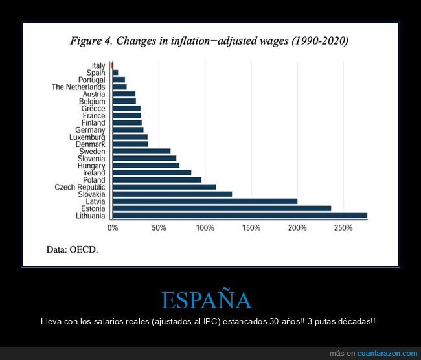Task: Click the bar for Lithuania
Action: [x=240, y=216]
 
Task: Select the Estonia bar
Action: [x=222, y=208]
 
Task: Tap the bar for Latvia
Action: [x=205, y=201]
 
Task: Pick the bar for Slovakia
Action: [x=172, y=194]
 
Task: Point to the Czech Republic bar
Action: [x=165, y=187]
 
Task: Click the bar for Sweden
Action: [x=141, y=152]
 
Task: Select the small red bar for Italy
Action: [x=112, y=65]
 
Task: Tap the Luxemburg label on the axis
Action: [x=87, y=137]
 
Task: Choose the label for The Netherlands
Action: [x=78, y=87]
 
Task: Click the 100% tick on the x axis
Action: [x=205, y=228]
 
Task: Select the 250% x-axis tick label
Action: [x=343, y=228]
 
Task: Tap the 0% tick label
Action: [x=113, y=228]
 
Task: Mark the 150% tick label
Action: [x=251, y=228]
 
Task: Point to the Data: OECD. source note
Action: [x=73, y=249]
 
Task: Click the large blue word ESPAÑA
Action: [x=207, y=300]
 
